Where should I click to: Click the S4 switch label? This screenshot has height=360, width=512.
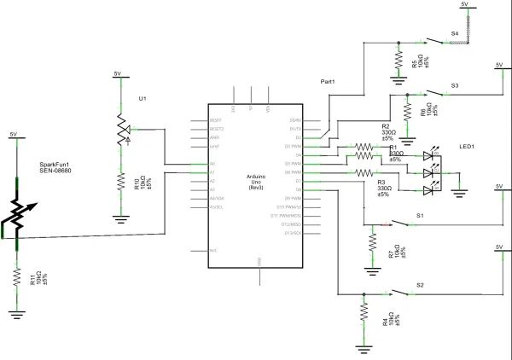point(455,32)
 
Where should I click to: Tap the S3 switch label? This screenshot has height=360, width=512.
point(455,86)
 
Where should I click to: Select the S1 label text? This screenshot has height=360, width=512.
point(420,215)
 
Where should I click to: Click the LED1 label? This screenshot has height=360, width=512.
point(467,147)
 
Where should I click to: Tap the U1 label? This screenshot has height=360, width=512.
point(143,99)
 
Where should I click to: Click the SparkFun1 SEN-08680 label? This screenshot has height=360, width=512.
point(55,167)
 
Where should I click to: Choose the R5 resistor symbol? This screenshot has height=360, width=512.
point(399,59)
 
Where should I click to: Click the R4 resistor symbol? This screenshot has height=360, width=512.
point(364,316)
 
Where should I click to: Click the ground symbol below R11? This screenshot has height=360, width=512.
point(16,314)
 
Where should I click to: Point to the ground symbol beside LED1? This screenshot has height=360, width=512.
point(460,192)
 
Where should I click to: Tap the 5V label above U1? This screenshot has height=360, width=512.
point(118,74)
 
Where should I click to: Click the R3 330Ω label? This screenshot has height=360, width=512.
point(382,188)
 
